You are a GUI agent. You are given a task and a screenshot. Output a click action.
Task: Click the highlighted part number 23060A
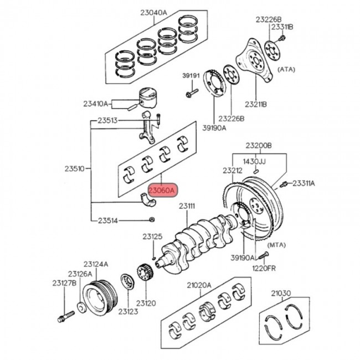click(x=161, y=190)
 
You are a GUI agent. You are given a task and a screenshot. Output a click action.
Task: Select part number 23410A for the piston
click(x=96, y=103)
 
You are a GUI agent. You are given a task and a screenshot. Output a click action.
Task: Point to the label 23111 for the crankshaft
click(x=187, y=207)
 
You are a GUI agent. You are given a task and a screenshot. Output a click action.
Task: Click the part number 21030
click(x=281, y=293)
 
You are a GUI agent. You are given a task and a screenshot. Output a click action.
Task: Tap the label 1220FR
click(x=264, y=268)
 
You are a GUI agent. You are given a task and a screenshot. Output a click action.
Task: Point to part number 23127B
click(x=64, y=283)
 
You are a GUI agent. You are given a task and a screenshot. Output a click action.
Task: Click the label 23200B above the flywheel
click(x=259, y=146)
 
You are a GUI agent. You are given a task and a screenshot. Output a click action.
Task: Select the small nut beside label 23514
click(x=151, y=220)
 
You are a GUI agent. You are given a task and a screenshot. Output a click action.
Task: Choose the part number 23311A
click(x=304, y=183)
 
